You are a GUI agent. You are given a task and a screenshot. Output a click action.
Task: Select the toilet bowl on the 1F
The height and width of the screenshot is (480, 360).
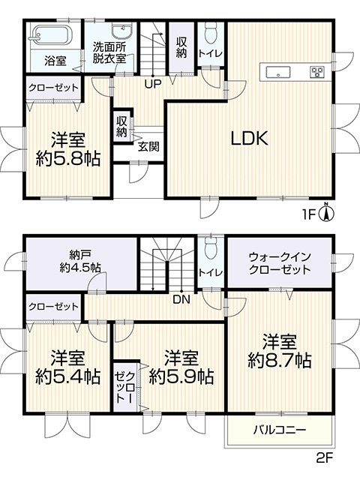pos(211,33)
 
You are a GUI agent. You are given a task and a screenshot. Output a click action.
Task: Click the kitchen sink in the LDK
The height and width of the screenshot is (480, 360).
pos(278,73)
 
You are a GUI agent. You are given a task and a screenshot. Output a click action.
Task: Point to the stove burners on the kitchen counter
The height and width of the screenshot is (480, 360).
pos(317,72)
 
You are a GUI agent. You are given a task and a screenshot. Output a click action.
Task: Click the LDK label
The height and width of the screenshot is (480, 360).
pos(249,138)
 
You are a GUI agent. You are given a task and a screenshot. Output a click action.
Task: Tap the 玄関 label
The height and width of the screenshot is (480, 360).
pos(148,146)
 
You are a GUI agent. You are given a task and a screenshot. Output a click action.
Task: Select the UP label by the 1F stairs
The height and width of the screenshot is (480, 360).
pos(153,83)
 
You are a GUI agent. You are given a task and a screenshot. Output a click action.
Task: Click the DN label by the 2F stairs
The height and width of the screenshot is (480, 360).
pos(181,299)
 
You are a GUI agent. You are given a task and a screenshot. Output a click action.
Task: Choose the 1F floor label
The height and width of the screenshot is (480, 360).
pos(308,214)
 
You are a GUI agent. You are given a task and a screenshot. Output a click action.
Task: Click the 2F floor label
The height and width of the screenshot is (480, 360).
pos(324,458)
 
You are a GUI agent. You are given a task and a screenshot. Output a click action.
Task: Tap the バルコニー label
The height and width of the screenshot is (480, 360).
pos(280,430)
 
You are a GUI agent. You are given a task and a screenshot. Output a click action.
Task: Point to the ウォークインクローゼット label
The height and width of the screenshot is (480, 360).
pos(280,262)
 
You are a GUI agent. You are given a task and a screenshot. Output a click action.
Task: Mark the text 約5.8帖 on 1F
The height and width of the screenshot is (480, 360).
pos(68,158)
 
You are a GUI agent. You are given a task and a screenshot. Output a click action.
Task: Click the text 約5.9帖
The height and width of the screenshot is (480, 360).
pos(181,376)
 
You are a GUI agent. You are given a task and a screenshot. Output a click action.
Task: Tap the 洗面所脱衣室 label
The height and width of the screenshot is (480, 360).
pos(109,52)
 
